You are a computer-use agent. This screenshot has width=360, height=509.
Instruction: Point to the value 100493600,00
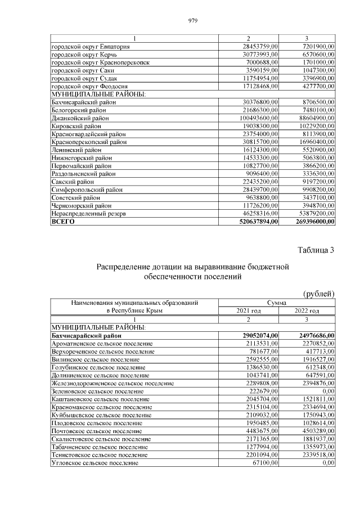pyautogui.click(x=256, y=118)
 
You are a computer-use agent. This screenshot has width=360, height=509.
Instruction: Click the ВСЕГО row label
pyautogui.click(x=63, y=222)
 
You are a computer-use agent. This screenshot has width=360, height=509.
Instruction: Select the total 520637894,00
pyautogui.click(x=255, y=222)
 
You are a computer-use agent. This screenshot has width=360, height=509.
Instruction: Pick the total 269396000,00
pyautogui.click(x=312, y=222)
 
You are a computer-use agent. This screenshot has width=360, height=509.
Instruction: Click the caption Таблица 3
pyautogui.click(x=315, y=250)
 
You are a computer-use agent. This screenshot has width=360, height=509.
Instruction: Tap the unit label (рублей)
pyautogui.click(x=319, y=294)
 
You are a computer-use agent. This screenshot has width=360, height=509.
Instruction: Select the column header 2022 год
pyautogui.click(x=307, y=310)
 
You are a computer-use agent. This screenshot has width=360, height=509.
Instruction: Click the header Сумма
pyautogui.click(x=277, y=303)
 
